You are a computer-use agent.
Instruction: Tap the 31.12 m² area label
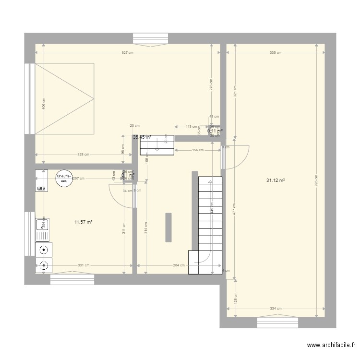[276, 180]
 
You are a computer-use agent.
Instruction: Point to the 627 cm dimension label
[127, 53]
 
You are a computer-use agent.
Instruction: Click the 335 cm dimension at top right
[275, 53]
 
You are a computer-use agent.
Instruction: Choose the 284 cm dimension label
[179, 265]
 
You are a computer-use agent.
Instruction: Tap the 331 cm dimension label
[83, 265]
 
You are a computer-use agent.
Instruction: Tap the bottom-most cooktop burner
[44, 264]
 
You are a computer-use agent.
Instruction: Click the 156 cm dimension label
[197, 150]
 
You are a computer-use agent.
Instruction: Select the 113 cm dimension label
[192, 127]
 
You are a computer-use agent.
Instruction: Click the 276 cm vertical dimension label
[211, 85]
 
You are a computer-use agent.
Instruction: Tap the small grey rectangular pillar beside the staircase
[168, 228]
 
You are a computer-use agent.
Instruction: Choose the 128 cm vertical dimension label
[235, 299]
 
